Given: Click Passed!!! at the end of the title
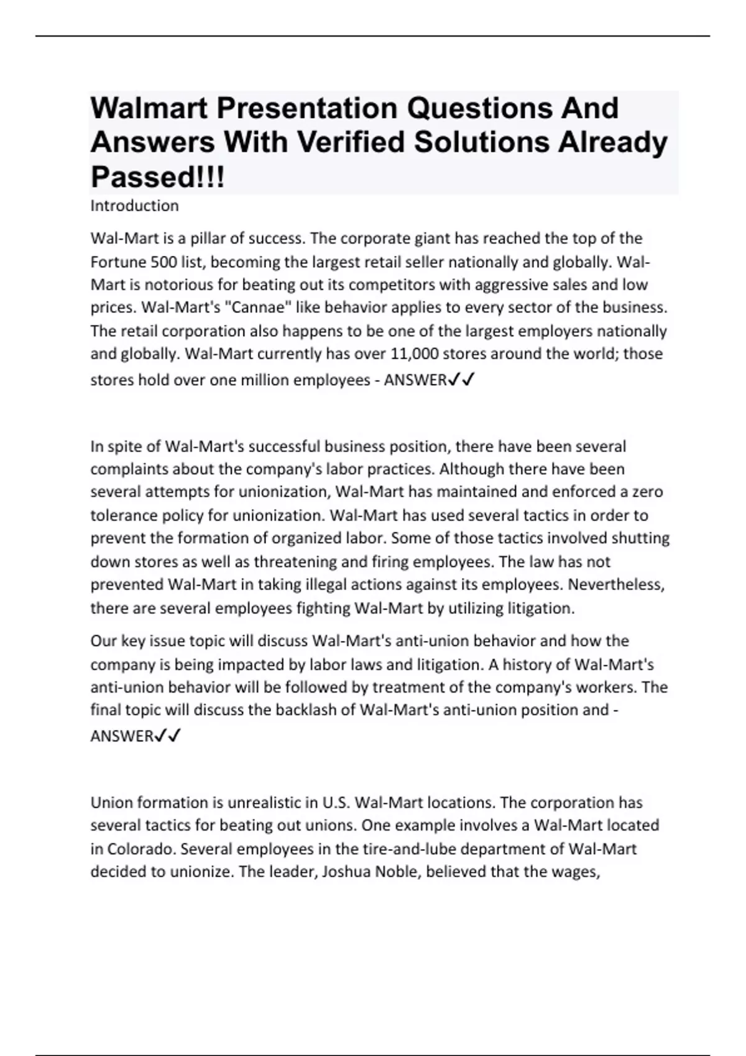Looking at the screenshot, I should click(x=158, y=177).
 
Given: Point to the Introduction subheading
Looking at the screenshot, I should click(x=134, y=206).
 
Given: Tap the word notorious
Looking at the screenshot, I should click(x=178, y=284).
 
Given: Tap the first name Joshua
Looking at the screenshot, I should click(x=344, y=872).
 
